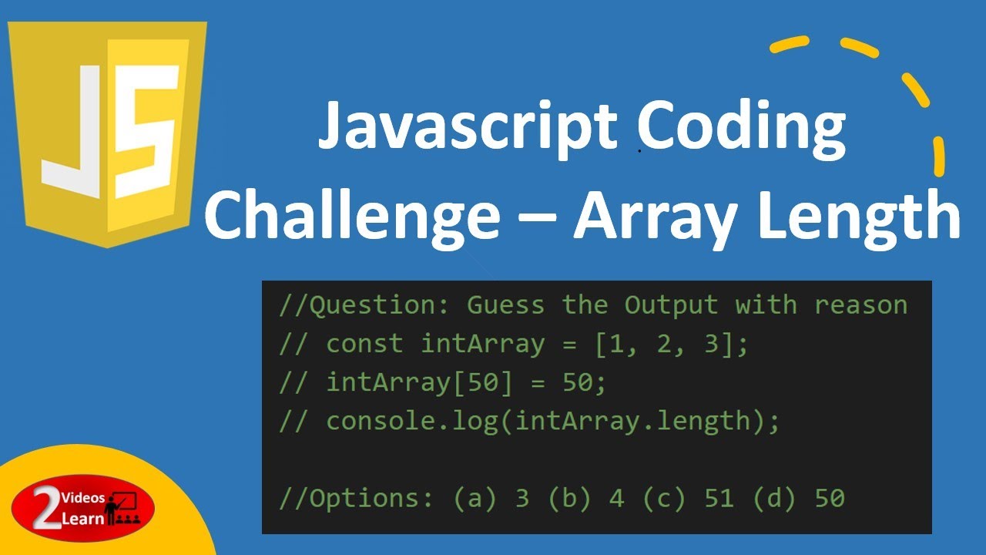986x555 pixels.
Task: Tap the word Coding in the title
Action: point(741,127)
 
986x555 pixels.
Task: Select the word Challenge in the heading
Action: point(351,216)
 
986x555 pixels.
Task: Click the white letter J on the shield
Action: point(73,131)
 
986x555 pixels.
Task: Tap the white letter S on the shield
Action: point(144,131)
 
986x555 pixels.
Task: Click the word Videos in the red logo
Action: point(83,499)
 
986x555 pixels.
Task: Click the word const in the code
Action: point(364,344)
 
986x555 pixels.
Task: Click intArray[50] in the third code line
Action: point(412,382)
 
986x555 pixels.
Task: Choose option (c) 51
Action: point(687,498)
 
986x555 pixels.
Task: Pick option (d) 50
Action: point(798,498)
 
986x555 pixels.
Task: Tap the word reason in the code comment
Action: point(860,305)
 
